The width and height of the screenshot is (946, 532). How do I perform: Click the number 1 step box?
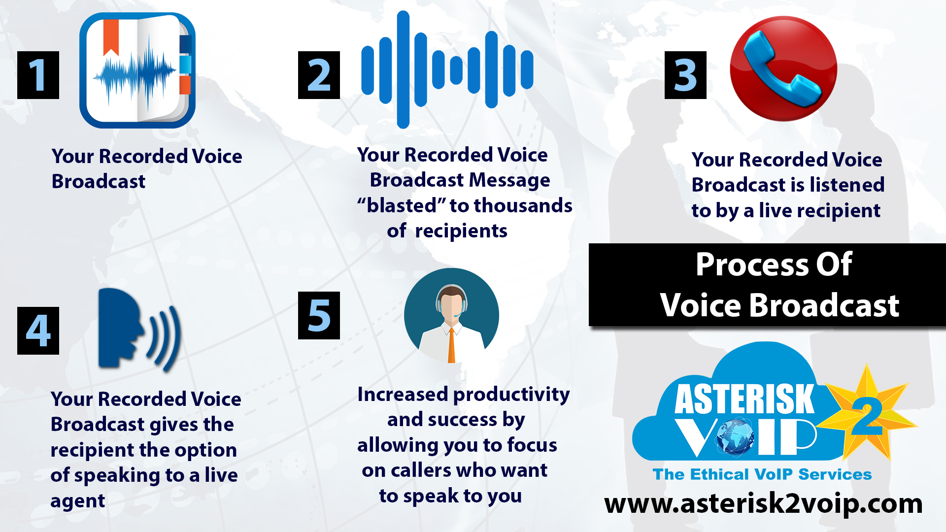click(x=38, y=75)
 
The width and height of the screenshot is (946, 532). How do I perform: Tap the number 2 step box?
click(x=319, y=75)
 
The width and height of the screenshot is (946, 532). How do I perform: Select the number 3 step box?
click(x=685, y=75)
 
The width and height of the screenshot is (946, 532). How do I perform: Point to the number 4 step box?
click(x=38, y=331)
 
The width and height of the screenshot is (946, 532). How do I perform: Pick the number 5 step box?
click(x=319, y=315)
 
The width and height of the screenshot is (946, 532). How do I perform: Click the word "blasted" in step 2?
click(x=402, y=205)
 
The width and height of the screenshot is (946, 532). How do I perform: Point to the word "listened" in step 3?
click(x=847, y=185)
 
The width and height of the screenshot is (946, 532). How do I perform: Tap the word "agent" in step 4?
click(x=77, y=501)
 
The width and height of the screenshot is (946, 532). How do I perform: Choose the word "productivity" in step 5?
click(x=511, y=394)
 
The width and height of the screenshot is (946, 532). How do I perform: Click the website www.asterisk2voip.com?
click(x=763, y=503)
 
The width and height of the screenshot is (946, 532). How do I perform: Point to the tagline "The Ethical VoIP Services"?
click(x=762, y=474)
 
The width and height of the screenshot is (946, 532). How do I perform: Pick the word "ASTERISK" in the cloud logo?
click(x=744, y=399)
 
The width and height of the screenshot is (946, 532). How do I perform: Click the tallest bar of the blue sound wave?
click(x=403, y=69)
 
